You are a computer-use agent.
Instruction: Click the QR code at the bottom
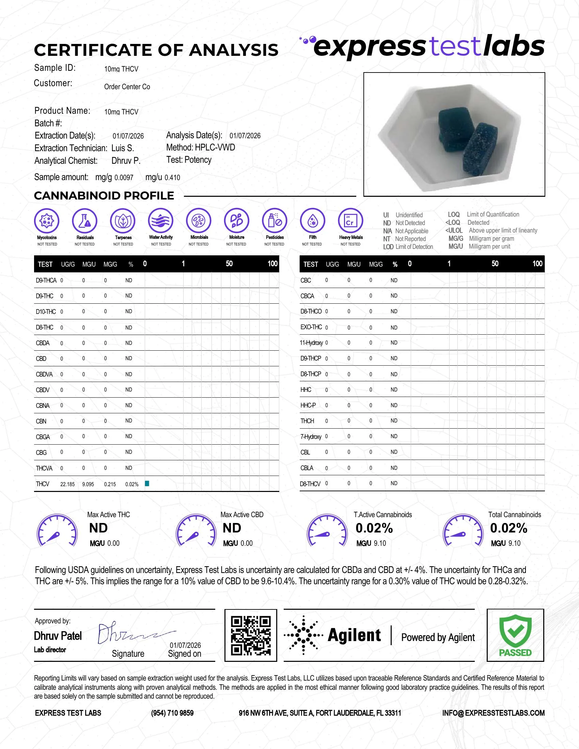click(x=250, y=635)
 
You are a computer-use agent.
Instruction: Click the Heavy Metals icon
click(x=350, y=221)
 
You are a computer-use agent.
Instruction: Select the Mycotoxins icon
click(x=47, y=221)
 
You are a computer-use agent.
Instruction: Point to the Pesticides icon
click(x=275, y=221)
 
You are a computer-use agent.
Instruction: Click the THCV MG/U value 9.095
click(x=88, y=484)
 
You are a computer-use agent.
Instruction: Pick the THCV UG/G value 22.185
click(x=67, y=484)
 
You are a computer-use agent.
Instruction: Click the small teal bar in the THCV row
click(x=147, y=483)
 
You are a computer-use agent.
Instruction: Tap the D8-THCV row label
click(x=310, y=483)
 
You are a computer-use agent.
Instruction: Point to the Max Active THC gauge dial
click(x=57, y=530)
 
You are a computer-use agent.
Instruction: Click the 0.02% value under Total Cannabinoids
click(x=508, y=528)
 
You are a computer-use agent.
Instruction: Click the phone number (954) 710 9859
click(x=172, y=713)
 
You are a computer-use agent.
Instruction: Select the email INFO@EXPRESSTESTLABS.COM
click(x=493, y=713)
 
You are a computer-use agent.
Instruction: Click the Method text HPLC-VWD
click(x=215, y=147)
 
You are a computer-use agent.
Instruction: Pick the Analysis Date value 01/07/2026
click(x=245, y=136)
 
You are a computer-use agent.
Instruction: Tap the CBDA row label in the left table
click(x=43, y=343)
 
